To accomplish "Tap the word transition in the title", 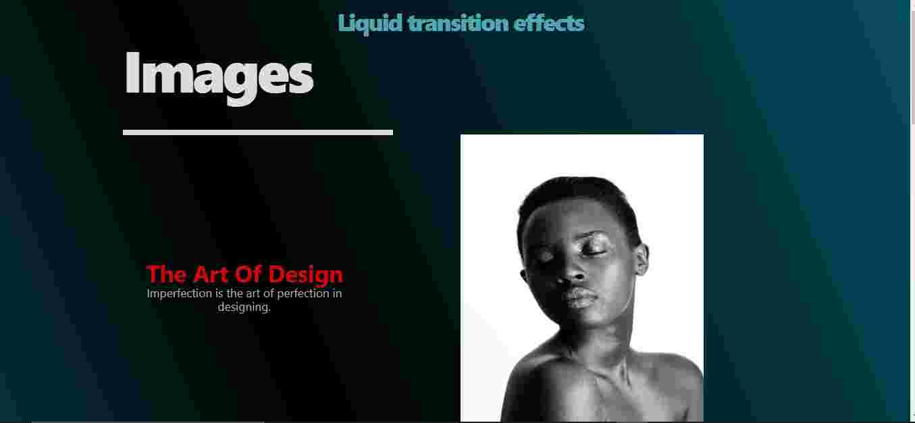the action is pyautogui.click(x=459, y=23).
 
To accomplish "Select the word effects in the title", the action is pyautogui.click(x=549, y=23).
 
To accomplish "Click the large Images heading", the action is pyautogui.click(x=219, y=77).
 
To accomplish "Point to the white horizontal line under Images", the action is pyautogui.click(x=258, y=132).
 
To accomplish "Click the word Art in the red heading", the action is pyautogui.click(x=211, y=274).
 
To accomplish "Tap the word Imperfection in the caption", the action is pyautogui.click(x=180, y=294).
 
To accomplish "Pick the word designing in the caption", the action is pyautogui.click(x=244, y=307).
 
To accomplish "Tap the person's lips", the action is pyautogui.click(x=580, y=298).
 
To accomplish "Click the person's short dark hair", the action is pyautogui.click(x=576, y=196).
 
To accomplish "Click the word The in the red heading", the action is pyautogui.click(x=167, y=274).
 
